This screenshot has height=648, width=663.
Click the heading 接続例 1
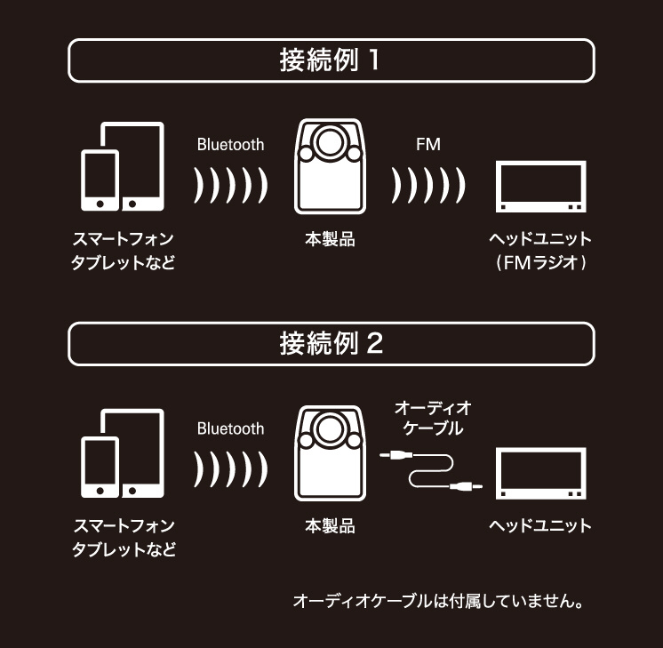[x=331, y=60]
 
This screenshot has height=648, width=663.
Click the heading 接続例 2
[x=331, y=343]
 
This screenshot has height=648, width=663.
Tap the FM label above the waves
[x=427, y=144]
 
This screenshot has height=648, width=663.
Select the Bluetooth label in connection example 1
[x=230, y=144]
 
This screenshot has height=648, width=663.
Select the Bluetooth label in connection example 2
[x=230, y=428]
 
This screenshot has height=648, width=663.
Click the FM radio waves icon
[x=428, y=185]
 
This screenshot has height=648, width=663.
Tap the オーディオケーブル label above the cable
[x=432, y=418]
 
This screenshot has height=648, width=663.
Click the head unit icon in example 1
[x=540, y=188]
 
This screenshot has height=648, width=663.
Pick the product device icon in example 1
[x=329, y=169]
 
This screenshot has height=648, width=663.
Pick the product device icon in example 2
[x=329, y=453]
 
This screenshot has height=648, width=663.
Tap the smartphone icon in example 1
[x=100, y=180]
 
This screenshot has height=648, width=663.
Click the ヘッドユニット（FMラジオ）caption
[x=540, y=252]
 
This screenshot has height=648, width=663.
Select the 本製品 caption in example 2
[x=329, y=526]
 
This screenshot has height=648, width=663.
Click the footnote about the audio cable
[x=438, y=602]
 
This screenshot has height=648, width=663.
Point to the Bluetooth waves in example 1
[x=230, y=185]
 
